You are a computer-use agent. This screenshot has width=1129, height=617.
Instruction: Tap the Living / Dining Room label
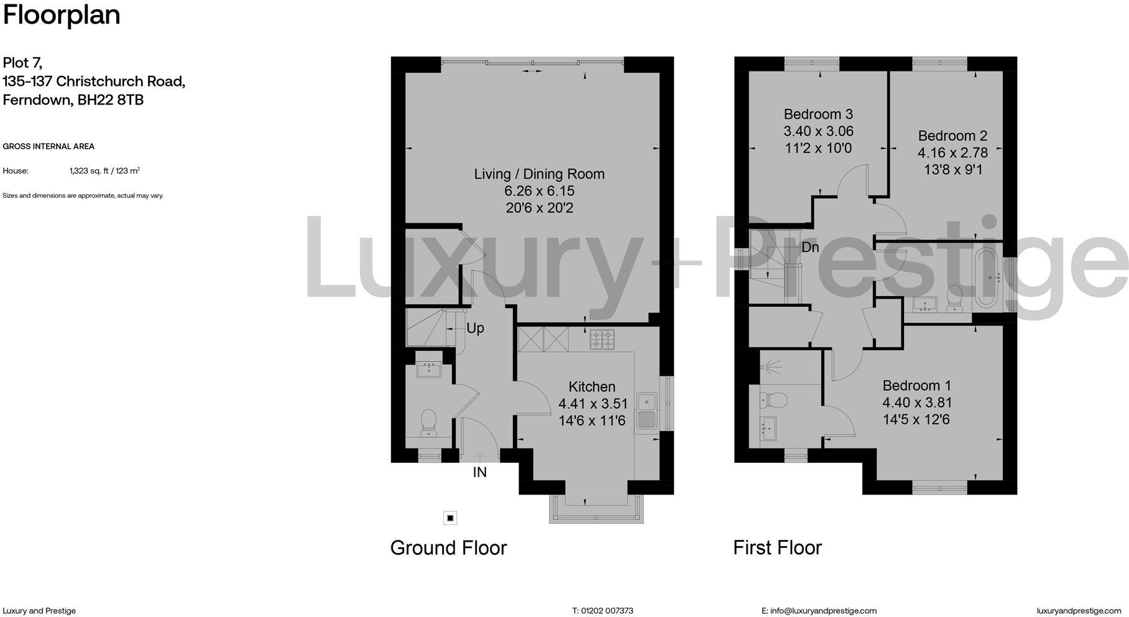539,174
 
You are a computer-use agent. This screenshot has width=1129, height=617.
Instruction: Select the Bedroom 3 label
818,114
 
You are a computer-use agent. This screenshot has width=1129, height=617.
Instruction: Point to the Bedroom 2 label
952,136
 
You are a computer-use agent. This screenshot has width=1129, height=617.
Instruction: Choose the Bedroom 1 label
916,386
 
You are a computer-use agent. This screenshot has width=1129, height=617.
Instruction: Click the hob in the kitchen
601,339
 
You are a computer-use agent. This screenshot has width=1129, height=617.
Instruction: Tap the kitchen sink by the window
647,411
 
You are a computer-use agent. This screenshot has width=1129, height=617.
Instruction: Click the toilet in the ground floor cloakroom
428,422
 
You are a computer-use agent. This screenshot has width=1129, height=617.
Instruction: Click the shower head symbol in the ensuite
772,368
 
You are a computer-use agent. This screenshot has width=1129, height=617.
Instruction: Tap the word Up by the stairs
475,328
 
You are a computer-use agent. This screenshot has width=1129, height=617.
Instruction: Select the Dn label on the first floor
810,248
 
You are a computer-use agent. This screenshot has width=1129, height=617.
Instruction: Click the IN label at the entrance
479,473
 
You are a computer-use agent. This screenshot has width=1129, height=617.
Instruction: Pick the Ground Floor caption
448,548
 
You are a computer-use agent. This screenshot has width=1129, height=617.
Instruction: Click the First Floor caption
777,548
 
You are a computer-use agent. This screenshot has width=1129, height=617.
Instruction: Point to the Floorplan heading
62,15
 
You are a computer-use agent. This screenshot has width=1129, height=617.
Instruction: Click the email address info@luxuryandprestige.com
823,611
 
